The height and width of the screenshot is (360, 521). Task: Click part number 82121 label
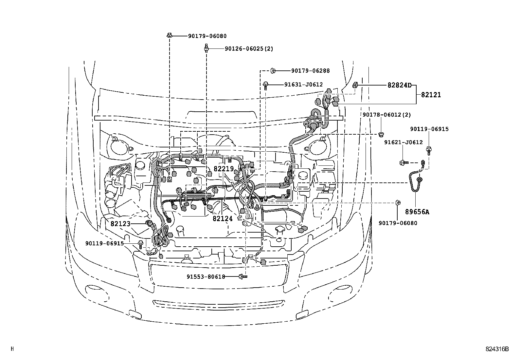(x=431, y=95)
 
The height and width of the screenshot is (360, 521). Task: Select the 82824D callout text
(x=399, y=85)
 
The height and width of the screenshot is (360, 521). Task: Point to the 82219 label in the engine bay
(x=224, y=169)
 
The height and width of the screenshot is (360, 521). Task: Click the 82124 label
(x=223, y=218)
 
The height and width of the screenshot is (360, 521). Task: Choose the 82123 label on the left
(x=120, y=224)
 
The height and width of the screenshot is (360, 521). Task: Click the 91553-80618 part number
(x=206, y=277)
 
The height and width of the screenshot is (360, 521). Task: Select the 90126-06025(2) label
(x=249, y=49)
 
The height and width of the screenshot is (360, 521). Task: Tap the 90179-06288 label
(x=310, y=70)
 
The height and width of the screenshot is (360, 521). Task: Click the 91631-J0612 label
(x=303, y=85)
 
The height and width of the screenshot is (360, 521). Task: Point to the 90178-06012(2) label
(x=386, y=115)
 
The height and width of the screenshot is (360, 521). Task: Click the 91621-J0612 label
(x=403, y=142)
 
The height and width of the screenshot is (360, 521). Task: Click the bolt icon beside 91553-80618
(x=243, y=277)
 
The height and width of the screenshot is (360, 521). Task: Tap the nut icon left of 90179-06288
(x=274, y=70)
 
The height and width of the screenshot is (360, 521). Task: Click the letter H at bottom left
(x=12, y=349)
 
